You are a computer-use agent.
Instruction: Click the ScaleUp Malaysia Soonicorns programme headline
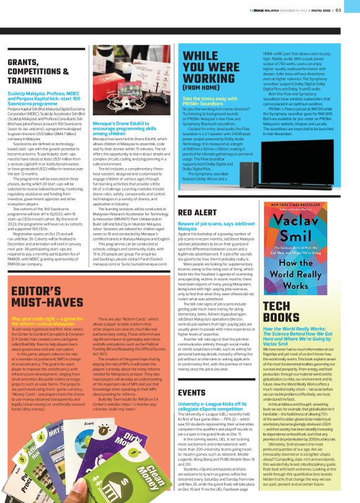tap(44, 98)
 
